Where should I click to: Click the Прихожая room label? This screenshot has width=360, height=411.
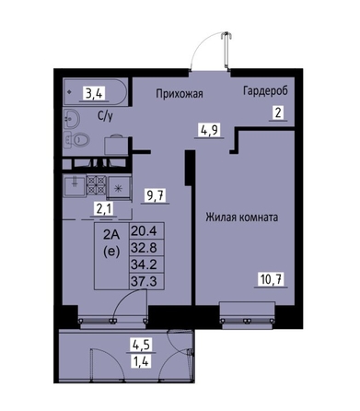pyautogui.click(x=180, y=93)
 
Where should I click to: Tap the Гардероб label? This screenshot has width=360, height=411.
pyautogui.click(x=266, y=91)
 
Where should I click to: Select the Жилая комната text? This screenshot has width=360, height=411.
pyautogui.click(x=242, y=217)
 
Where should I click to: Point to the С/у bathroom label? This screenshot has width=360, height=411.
pyautogui.click(x=105, y=116)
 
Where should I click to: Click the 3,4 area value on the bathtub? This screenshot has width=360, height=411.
pyautogui.click(x=94, y=94)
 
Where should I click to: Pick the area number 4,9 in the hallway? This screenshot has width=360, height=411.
pyautogui.click(x=209, y=130)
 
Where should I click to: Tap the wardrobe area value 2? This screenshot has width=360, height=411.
pyautogui.click(x=278, y=113)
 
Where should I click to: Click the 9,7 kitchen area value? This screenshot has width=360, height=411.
pyautogui.click(x=156, y=195)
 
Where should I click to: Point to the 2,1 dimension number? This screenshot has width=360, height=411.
pyautogui.click(x=104, y=209)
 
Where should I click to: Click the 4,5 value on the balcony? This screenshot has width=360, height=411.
pyautogui.click(x=141, y=345)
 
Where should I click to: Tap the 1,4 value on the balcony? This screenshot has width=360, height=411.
pyautogui.click(x=141, y=360)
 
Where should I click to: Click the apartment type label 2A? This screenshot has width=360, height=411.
pyautogui.click(x=110, y=235)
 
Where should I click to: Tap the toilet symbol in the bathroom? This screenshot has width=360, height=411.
pyautogui.click(x=77, y=139)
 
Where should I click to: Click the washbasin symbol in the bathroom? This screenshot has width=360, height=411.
pyautogui.click(x=72, y=119)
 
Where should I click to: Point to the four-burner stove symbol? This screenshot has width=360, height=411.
pyautogui.click(x=97, y=185)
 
